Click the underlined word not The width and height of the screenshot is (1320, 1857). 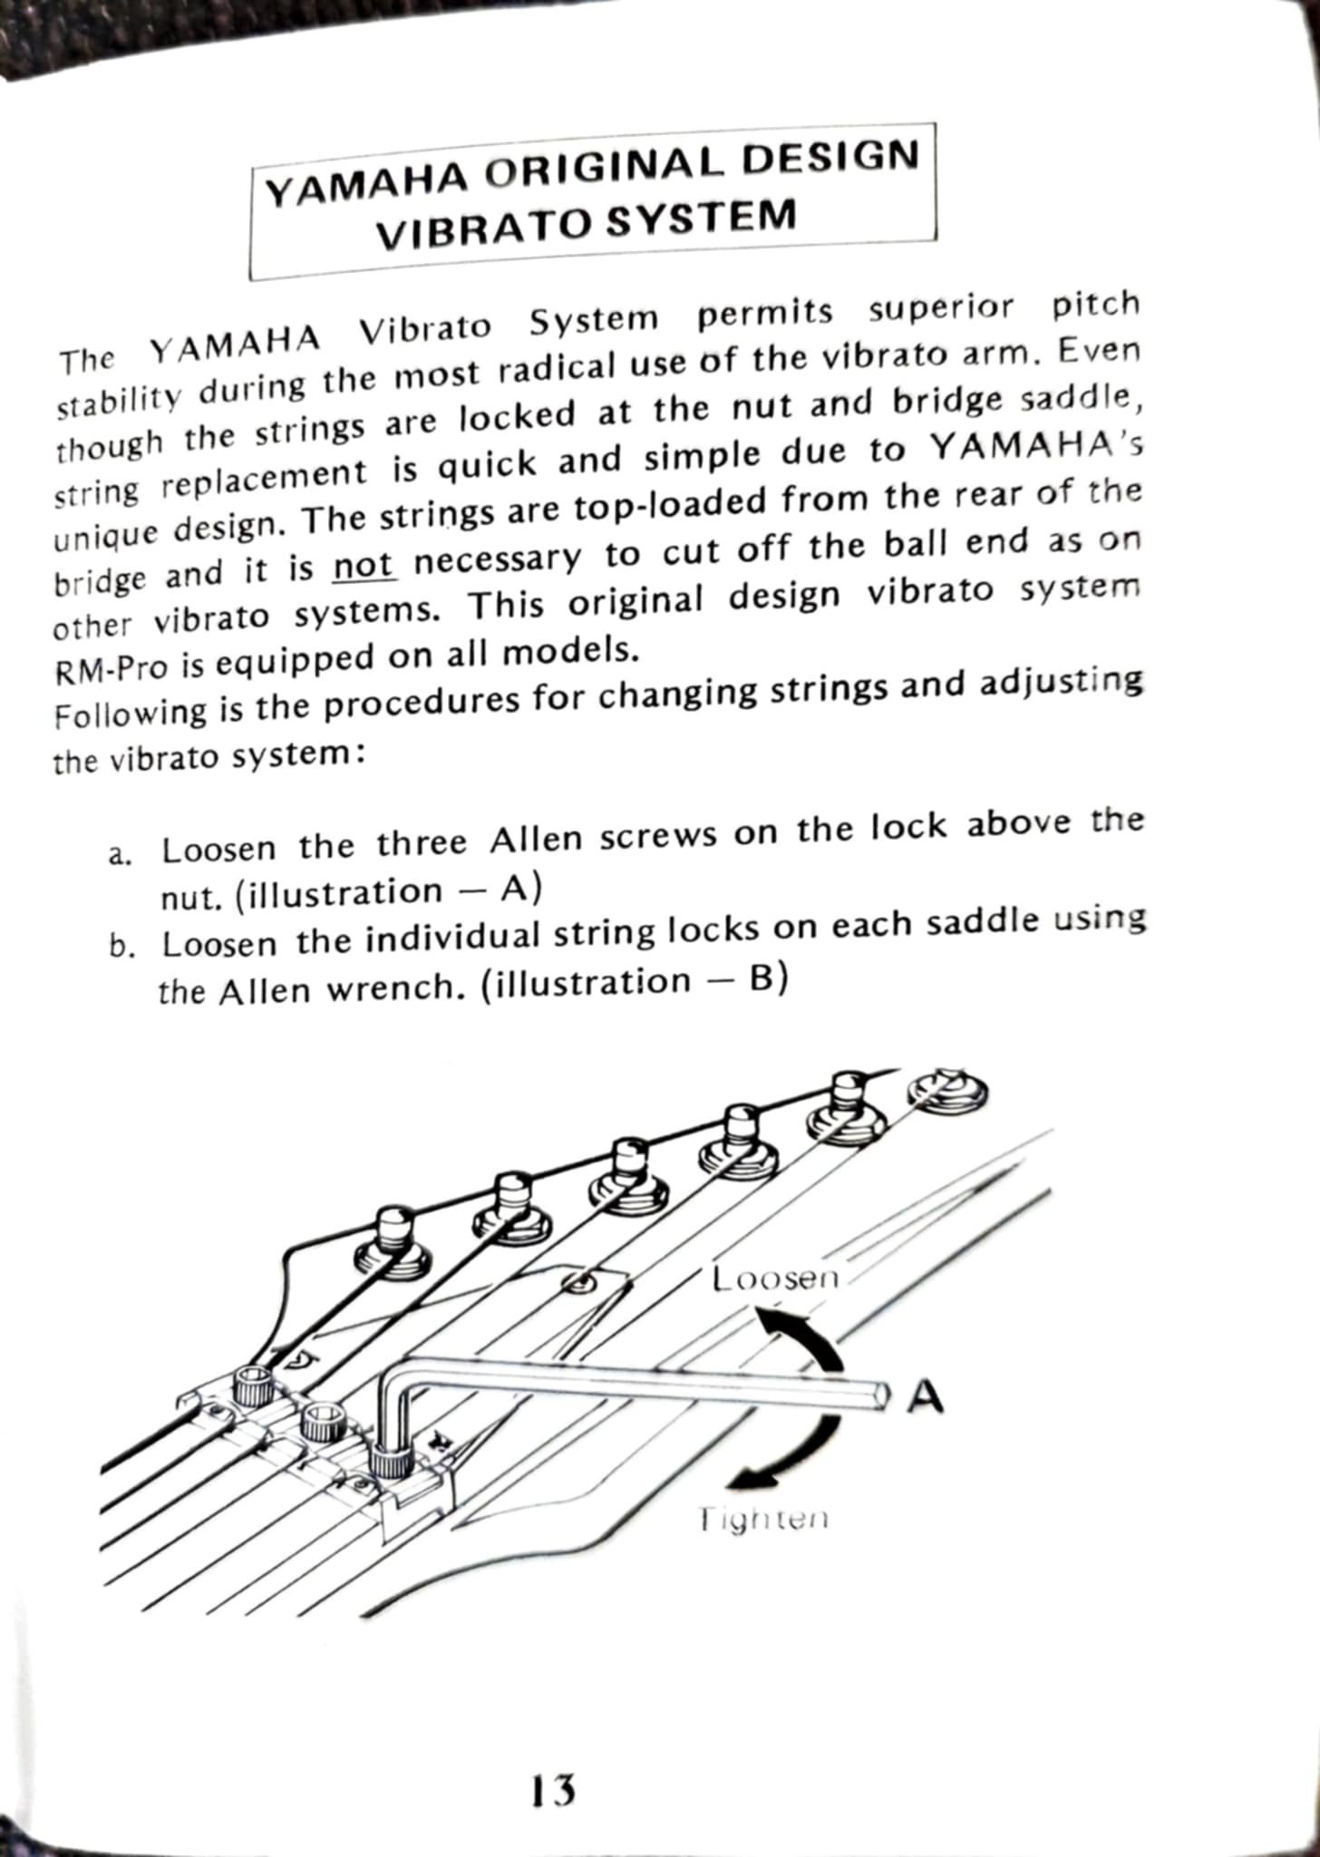tap(364, 568)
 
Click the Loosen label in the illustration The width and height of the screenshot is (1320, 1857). tap(776, 1279)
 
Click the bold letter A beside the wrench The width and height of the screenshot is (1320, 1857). tap(924, 1397)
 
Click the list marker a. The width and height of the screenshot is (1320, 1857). tap(120, 855)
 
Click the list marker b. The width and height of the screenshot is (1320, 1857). tap(120, 948)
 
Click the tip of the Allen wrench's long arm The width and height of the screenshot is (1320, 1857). tap(877, 1395)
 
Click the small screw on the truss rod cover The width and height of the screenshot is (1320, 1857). tap(577, 1282)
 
